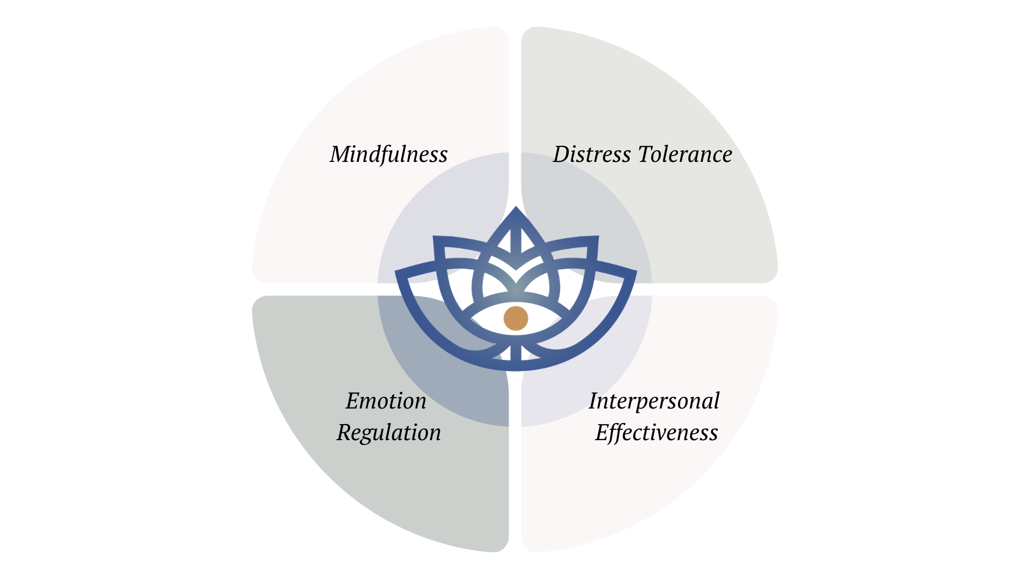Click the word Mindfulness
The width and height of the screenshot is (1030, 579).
(x=388, y=154)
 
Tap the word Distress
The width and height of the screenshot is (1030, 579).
(x=592, y=154)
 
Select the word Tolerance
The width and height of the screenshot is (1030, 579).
(x=685, y=154)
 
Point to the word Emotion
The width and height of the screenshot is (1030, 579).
(x=386, y=401)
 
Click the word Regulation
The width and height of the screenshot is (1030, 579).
(x=388, y=433)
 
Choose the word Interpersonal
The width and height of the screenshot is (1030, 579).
(x=654, y=401)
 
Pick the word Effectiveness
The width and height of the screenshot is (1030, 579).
(x=656, y=433)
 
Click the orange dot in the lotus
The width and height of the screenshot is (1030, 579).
(x=516, y=318)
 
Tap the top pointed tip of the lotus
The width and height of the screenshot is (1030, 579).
(x=516, y=208)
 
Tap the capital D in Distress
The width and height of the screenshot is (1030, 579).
(x=563, y=154)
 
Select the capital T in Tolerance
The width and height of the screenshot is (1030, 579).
(x=646, y=154)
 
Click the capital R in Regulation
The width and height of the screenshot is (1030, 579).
(x=346, y=433)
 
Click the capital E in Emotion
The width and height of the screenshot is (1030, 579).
(x=353, y=401)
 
